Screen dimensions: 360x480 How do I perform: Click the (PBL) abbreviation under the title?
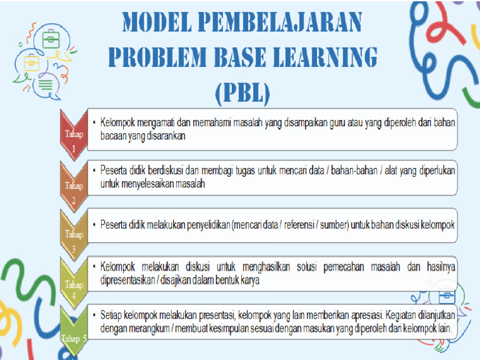coord(243,92)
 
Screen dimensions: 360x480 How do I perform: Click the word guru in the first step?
coord(321,123)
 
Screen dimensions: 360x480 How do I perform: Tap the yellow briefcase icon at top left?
coord(31,62)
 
